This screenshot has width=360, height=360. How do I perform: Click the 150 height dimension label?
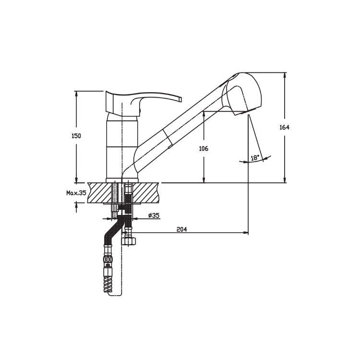pyautogui.click(x=76, y=136)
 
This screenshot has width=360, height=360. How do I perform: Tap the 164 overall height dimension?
pyautogui.click(x=285, y=127)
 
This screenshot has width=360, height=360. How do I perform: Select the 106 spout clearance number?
pyautogui.click(x=204, y=148)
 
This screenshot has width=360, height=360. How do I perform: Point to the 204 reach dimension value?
pyautogui.click(x=181, y=229)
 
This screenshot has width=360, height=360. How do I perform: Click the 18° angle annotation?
pyautogui.click(x=255, y=158)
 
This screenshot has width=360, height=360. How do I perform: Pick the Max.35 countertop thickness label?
pyautogui.click(x=76, y=193)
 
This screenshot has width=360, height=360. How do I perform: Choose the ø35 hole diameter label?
pyautogui.click(x=154, y=216)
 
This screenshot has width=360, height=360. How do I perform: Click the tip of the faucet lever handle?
pyautogui.click(x=180, y=99)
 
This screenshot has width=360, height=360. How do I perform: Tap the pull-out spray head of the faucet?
pyautogui.click(x=241, y=94)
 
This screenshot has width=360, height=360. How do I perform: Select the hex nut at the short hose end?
pyautogui.click(x=128, y=241)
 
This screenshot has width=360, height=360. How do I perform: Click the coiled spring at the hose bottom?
pyautogui.click(x=108, y=283)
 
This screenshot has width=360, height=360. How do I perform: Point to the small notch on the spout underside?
pyautogui.click(x=170, y=146)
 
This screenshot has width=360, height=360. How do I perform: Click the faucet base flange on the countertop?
pyautogui.click(x=122, y=180)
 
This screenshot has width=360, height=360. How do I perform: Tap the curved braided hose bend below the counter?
pyautogui.click(x=114, y=229)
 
